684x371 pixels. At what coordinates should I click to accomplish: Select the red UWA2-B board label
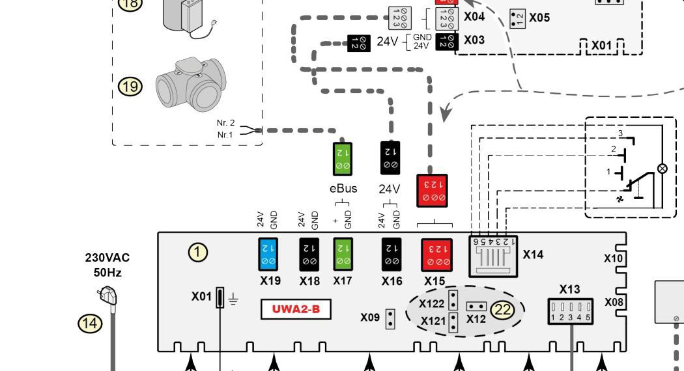click(x=296, y=309)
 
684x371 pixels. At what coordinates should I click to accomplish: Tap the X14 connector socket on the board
click(x=492, y=255)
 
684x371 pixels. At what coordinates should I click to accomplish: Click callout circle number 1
click(x=198, y=252)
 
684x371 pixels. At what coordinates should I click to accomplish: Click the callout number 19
click(x=129, y=86)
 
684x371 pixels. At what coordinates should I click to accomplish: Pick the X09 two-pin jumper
click(x=391, y=318)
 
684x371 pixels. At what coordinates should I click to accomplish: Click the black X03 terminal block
click(x=451, y=40)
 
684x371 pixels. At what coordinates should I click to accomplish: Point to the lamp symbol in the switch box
click(x=663, y=168)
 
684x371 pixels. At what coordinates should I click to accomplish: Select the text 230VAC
click(x=107, y=258)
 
